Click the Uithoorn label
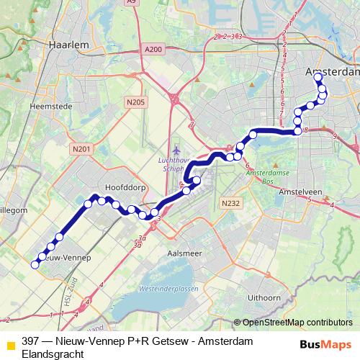[264, 297]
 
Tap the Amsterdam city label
[333, 73]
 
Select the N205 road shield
[135, 103]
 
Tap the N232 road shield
[230, 204]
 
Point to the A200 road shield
[153, 49]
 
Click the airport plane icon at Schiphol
[176, 149]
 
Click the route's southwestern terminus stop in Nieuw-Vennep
[35, 264]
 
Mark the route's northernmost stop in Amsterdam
[318, 75]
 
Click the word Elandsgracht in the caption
[53, 354]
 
